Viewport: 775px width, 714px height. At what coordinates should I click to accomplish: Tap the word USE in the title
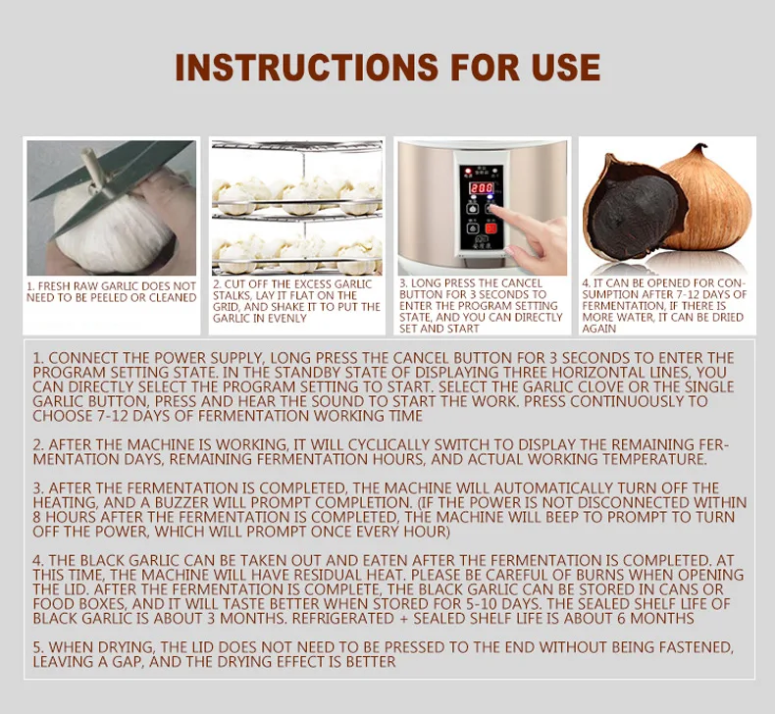[x=566, y=68]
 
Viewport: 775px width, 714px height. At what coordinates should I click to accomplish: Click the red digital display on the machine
[x=481, y=187]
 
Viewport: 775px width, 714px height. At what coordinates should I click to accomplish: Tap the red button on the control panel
[x=491, y=229]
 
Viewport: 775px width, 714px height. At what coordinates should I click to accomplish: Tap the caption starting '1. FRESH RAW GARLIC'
[x=111, y=292]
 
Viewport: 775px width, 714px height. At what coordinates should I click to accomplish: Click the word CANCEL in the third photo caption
[x=519, y=283]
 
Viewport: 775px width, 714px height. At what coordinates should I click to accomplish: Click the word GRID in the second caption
[x=225, y=307]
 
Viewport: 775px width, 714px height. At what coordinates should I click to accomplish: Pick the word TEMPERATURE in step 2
[x=652, y=459]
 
